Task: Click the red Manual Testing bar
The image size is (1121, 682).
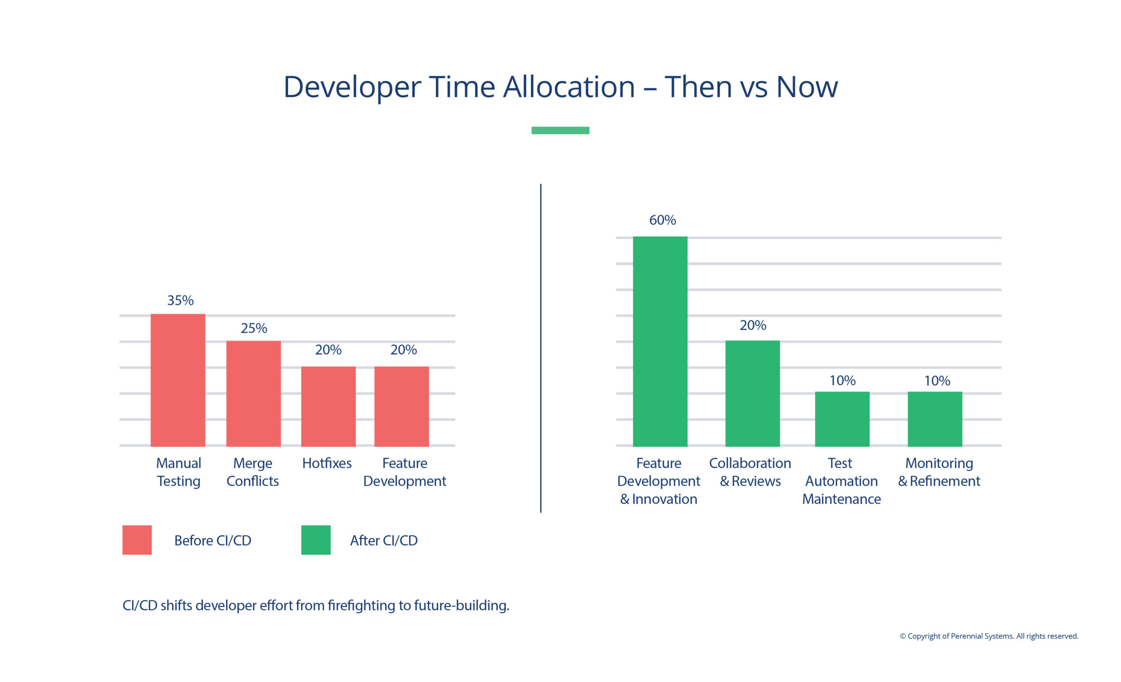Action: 178,380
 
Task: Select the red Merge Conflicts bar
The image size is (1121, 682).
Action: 254,393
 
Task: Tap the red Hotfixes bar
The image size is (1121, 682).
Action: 328,406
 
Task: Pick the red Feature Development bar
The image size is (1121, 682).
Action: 401,406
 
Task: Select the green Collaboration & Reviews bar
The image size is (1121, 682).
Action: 752,393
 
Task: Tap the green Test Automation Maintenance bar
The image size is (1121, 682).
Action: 842,419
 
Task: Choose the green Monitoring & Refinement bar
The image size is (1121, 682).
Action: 934,419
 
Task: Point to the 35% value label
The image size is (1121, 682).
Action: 180,300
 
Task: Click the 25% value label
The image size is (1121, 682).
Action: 254,328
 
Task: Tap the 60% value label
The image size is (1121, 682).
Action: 663,220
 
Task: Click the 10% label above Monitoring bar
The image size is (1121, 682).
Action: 937,380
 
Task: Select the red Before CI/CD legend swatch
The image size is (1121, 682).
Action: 137,540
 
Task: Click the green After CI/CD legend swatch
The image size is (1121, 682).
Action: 316,540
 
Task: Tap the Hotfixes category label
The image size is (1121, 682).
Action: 327,463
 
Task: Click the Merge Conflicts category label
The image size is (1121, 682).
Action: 253,472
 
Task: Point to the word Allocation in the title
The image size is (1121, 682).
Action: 568,86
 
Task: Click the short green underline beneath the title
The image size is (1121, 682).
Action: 560,131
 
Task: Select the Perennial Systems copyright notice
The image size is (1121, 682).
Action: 989,636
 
